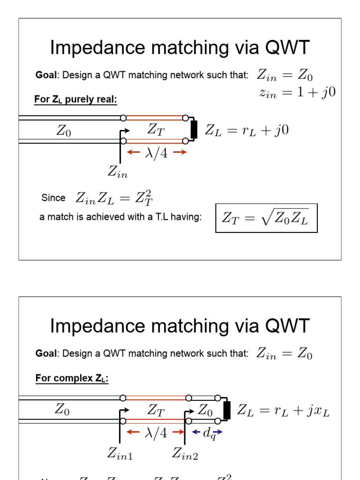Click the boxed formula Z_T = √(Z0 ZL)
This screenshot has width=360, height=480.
(266, 218)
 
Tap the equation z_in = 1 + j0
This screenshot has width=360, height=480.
(297, 92)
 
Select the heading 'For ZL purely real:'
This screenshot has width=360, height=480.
(75, 100)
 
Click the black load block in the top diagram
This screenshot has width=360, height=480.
(194, 129)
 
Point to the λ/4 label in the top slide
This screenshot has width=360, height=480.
(157, 153)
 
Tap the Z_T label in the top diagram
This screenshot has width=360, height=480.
(156, 129)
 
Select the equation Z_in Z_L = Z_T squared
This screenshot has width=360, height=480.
(114, 198)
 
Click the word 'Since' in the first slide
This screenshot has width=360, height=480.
(53, 198)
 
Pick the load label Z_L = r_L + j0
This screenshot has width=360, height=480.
(247, 130)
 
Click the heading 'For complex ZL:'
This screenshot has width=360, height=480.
(72, 378)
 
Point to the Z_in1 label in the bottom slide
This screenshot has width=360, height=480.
(120, 453)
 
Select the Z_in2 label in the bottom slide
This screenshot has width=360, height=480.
(185, 453)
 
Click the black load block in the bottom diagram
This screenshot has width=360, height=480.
(227, 410)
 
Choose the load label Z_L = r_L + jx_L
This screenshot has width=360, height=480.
(284, 411)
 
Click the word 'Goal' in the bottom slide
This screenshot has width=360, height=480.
(45, 353)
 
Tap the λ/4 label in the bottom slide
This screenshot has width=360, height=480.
(156, 433)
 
